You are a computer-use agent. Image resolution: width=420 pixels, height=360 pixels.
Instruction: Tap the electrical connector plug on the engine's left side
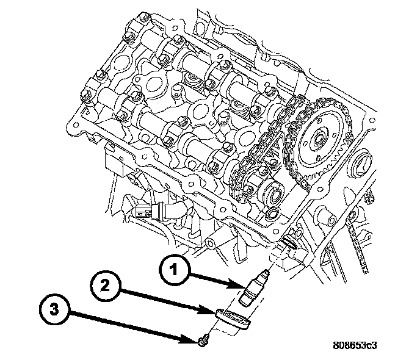[142, 214]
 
